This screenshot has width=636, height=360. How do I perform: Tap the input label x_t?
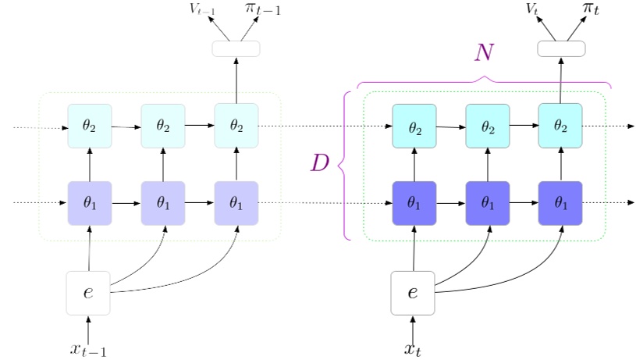(x=413, y=349)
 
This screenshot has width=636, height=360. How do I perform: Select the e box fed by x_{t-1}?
(x=88, y=293)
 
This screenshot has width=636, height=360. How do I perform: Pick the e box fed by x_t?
(x=413, y=293)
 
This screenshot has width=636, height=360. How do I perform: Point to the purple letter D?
(x=321, y=163)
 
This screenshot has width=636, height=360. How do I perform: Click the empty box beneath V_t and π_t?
(x=561, y=48)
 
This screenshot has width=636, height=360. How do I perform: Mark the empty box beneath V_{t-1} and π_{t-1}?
(x=236, y=48)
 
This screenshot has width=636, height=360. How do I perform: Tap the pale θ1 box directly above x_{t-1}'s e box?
(x=90, y=202)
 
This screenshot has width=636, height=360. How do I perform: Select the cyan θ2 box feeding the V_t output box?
(x=560, y=125)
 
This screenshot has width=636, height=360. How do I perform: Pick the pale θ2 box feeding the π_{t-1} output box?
(x=236, y=125)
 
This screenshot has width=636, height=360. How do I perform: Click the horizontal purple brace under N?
(x=484, y=81)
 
